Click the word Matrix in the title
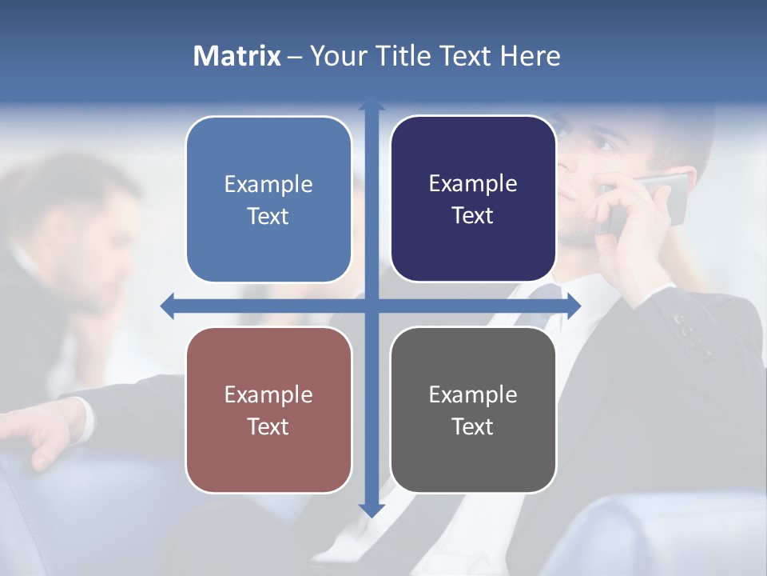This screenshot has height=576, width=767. pyautogui.click(x=236, y=56)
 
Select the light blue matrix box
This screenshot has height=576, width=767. pyautogui.click(x=268, y=199)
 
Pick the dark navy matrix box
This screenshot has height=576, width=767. pyautogui.click(x=473, y=199)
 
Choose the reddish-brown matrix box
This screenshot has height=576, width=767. pyautogui.click(x=268, y=410)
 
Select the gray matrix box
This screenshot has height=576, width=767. pyautogui.click(x=473, y=410)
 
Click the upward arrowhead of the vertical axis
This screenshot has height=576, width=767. pyautogui.click(x=372, y=105)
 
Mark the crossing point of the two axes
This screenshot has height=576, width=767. pyautogui.click(x=372, y=306)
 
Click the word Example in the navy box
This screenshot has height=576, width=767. pyautogui.click(x=473, y=184)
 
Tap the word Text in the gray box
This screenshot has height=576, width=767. pyautogui.click(x=473, y=426)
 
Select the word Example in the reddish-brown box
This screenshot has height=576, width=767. pyautogui.click(x=268, y=394)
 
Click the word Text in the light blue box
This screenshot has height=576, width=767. pyautogui.click(x=268, y=216)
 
